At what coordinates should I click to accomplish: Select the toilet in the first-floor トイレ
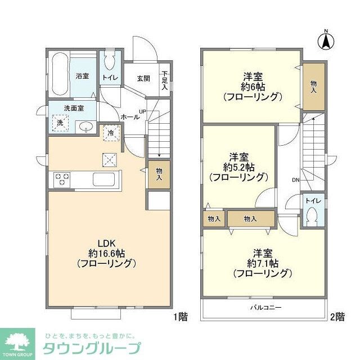click(110, 60)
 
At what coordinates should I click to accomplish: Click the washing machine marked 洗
click(58, 123)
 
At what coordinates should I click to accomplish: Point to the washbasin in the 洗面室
click(85, 127)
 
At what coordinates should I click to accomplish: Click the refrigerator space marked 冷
click(110, 133)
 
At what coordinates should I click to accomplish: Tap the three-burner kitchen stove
click(62, 180)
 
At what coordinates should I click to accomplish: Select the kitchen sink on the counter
click(103, 180)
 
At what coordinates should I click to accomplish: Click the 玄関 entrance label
click(143, 79)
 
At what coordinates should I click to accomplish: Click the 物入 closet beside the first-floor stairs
click(159, 173)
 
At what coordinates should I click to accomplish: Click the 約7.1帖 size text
click(262, 263)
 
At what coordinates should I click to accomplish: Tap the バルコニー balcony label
click(265, 308)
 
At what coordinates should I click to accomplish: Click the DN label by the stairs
click(295, 180)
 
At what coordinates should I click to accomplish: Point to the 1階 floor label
click(181, 317)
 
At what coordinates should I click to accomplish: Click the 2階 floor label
click(337, 317)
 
